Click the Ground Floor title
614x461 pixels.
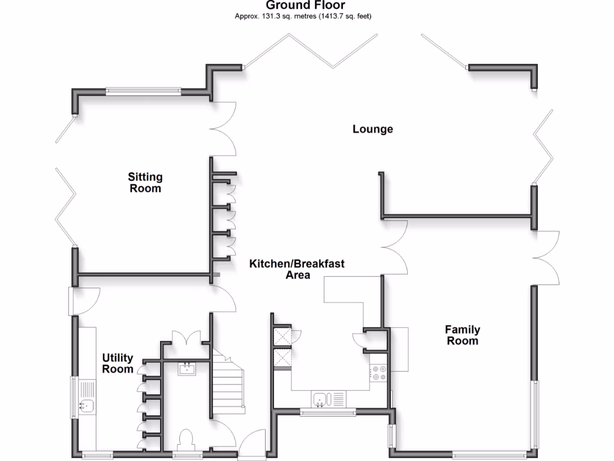click(305, 5)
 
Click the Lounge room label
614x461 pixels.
click(372, 129)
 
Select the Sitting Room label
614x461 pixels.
click(145, 182)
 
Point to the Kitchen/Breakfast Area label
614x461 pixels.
click(297, 270)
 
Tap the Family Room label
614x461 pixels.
click(462, 335)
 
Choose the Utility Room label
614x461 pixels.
click(118, 364)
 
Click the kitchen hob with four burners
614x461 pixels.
click(379, 373)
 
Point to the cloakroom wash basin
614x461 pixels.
click(186, 368)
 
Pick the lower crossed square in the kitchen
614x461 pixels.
click(282, 358)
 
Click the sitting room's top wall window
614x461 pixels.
click(143, 91)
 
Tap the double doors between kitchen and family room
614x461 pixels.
click(396, 246)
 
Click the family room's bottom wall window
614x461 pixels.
click(489, 454)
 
